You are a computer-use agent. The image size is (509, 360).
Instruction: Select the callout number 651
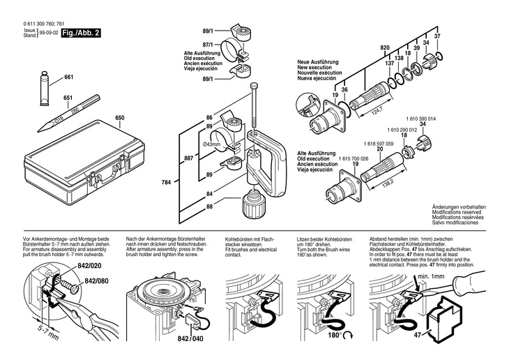coord(68,98)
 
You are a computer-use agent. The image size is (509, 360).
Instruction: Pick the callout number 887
coord(188,160)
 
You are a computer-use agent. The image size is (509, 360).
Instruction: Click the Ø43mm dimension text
coord(211,144)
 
